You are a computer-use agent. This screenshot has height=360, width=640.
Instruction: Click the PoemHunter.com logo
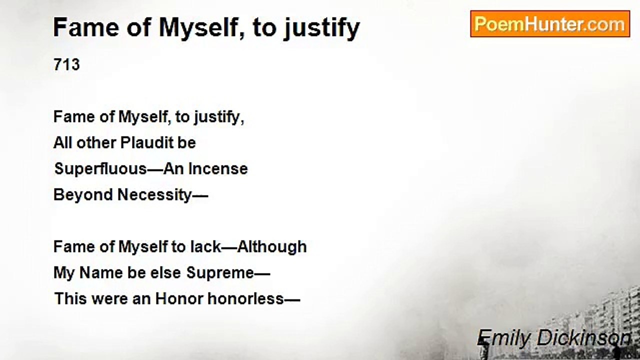[x=550, y=24]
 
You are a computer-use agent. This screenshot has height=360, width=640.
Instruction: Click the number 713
[x=66, y=64]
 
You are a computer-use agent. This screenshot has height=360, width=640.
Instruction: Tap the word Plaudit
[x=147, y=142]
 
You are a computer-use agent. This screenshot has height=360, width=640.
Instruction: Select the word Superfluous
[x=100, y=169]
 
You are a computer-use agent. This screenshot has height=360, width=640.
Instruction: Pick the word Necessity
[x=154, y=195]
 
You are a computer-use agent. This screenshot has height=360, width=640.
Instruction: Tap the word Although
[x=271, y=247]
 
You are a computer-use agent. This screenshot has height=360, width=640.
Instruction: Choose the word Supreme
[x=220, y=273]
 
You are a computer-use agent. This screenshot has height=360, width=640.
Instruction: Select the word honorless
[x=245, y=299]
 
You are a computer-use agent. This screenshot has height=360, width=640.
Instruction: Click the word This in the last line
[x=70, y=299]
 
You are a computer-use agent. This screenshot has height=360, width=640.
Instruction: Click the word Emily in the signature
[x=503, y=338]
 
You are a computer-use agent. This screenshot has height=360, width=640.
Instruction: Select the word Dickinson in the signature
[x=583, y=338]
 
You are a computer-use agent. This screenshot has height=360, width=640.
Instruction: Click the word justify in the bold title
[x=321, y=28]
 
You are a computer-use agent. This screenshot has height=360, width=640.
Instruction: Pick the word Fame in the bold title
[x=86, y=27]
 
